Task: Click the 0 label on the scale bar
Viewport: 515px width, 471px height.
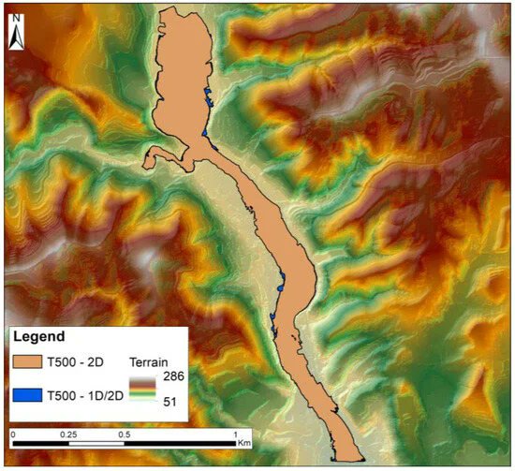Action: click(13, 435)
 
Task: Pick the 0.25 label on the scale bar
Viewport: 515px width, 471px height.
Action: click(68, 435)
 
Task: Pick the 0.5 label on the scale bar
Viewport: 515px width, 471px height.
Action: click(124, 435)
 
